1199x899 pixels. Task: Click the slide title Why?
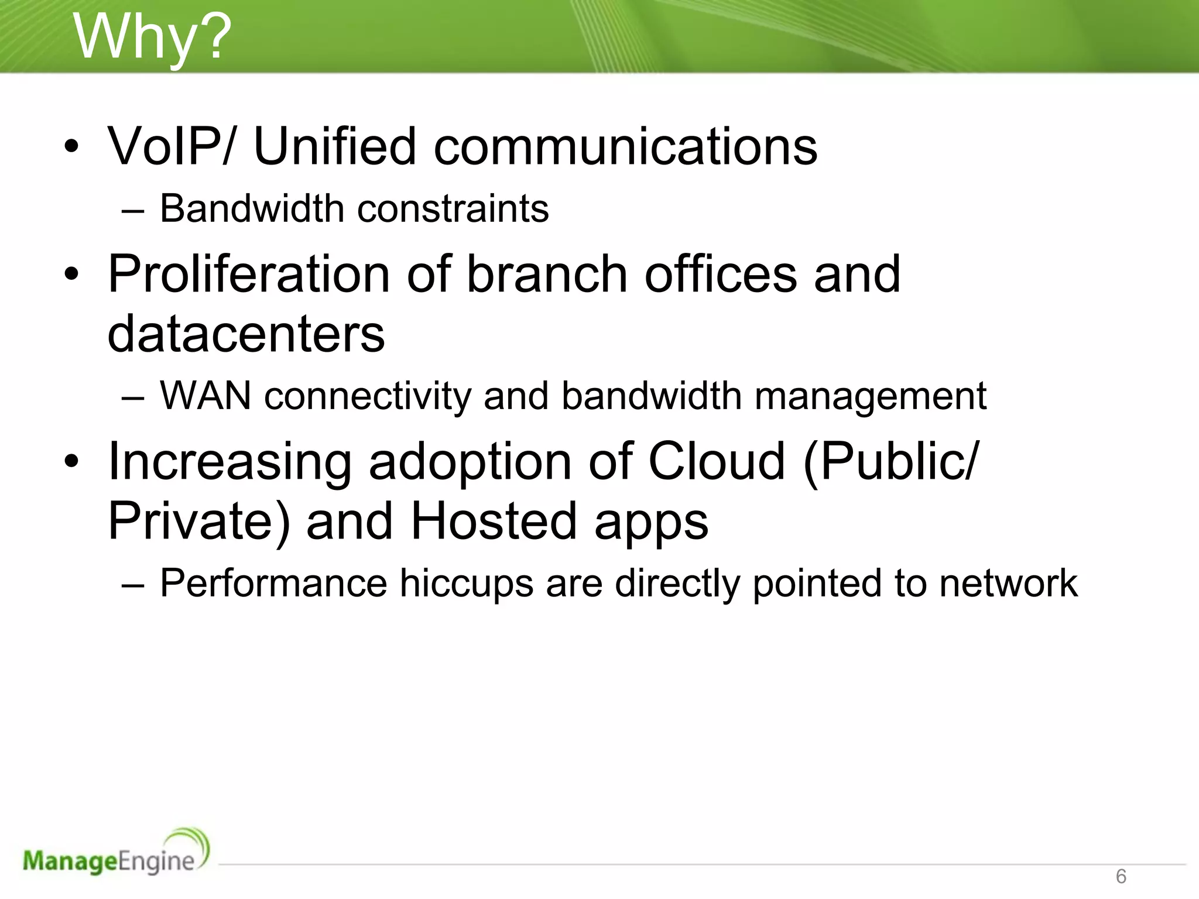click(x=152, y=37)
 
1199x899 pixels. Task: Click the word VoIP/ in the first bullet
click(x=170, y=146)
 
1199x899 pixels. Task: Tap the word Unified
click(x=334, y=146)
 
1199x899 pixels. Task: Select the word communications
click(x=625, y=146)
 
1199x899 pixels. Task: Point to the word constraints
click(x=453, y=208)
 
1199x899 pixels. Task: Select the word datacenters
click(x=246, y=334)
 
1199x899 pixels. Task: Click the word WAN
click(x=205, y=396)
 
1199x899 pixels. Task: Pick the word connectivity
click(x=368, y=396)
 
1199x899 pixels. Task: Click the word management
click(x=870, y=396)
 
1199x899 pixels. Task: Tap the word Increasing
click(x=230, y=462)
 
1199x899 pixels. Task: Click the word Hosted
click(x=494, y=521)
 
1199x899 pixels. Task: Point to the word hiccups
click(x=466, y=584)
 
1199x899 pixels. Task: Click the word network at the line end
click(x=1008, y=584)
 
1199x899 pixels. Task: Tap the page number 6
click(x=1121, y=876)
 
